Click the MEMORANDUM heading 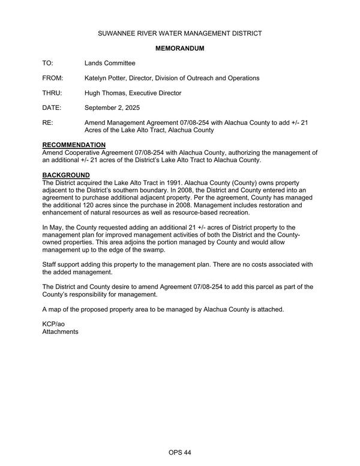click(x=180, y=48)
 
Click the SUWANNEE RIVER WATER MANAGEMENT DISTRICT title click(x=180, y=33)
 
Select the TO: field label click(x=47, y=63)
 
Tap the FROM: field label click(x=53, y=78)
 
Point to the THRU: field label click(x=53, y=93)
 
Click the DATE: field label click(x=52, y=108)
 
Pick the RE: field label click(x=47, y=123)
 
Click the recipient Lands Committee click(x=110, y=63)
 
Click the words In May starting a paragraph click(x=53, y=228)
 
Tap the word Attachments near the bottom click(x=60, y=331)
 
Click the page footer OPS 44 click(x=179, y=452)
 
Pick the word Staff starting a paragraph click(x=50, y=265)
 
